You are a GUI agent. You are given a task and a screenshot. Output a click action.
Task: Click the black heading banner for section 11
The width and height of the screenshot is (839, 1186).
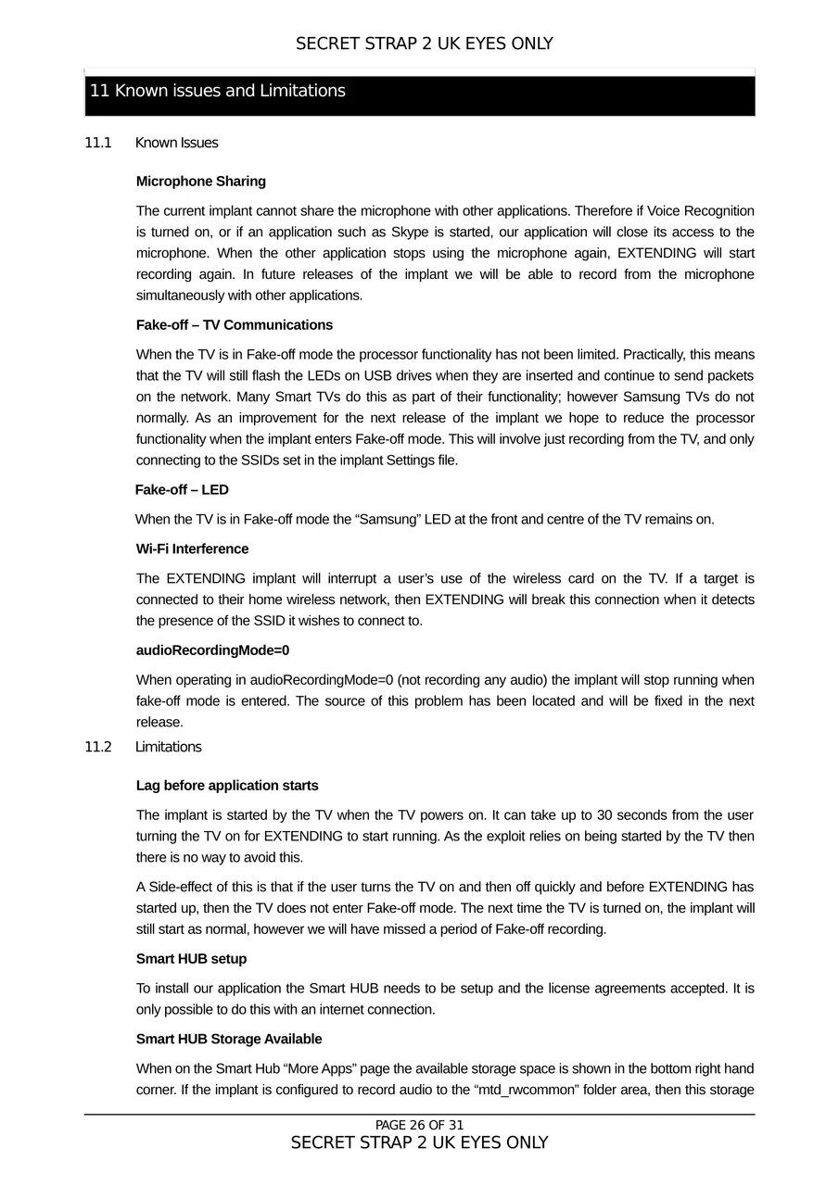click(x=419, y=92)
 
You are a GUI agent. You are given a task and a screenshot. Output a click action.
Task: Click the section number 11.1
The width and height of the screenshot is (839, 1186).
click(x=97, y=143)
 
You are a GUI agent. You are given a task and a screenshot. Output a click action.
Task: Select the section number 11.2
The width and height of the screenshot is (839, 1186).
click(x=97, y=747)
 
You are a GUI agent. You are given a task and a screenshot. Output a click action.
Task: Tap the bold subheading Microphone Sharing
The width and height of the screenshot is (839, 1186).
click(x=200, y=182)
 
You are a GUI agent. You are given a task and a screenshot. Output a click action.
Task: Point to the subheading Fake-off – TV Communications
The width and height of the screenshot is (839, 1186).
click(x=234, y=325)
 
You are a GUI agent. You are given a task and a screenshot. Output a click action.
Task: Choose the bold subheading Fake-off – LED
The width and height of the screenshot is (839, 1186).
click(x=182, y=489)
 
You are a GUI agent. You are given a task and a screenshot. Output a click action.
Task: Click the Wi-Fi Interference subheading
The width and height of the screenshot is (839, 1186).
click(x=192, y=549)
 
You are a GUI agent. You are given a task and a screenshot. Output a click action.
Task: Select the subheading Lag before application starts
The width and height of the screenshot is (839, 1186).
click(x=227, y=786)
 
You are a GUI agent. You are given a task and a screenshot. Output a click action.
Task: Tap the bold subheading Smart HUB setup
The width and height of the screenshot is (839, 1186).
click(x=191, y=959)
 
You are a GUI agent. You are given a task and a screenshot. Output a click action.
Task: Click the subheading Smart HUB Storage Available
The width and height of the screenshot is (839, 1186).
click(x=229, y=1040)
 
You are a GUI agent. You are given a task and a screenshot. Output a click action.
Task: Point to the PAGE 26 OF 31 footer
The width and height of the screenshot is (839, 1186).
click(x=419, y=1126)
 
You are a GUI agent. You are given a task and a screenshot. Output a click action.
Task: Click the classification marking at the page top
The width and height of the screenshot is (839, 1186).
click(x=424, y=44)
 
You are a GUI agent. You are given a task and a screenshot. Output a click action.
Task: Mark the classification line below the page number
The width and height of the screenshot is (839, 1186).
click(x=419, y=1143)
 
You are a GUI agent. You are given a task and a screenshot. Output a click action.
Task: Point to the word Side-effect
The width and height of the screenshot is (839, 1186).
click(x=184, y=888)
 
